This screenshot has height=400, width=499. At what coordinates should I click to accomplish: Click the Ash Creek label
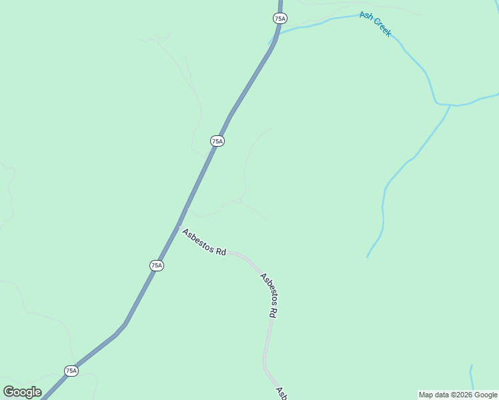point(375,24)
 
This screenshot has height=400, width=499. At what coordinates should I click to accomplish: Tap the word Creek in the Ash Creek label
point(382,28)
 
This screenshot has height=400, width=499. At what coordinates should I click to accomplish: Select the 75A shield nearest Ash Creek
point(280,19)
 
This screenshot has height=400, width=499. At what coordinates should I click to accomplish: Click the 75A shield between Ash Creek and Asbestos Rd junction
point(217,141)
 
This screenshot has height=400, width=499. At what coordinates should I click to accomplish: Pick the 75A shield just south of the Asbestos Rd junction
point(156,265)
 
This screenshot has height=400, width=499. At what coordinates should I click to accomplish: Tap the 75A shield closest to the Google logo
point(71,371)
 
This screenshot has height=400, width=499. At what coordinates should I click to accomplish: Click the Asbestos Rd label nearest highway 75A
point(204,241)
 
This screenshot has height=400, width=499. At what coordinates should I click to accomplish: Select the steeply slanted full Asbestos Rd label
point(269,295)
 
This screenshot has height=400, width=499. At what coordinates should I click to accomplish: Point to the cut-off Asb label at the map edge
point(282,393)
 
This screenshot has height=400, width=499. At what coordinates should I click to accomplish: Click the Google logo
point(22,392)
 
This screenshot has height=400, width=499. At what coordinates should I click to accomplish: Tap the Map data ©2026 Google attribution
point(458,395)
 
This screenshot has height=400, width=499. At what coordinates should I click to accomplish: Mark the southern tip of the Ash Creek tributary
point(368,257)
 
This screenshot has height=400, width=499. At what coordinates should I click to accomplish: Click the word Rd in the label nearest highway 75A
point(220,251)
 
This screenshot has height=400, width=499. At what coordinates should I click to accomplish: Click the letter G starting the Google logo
point(8,392)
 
